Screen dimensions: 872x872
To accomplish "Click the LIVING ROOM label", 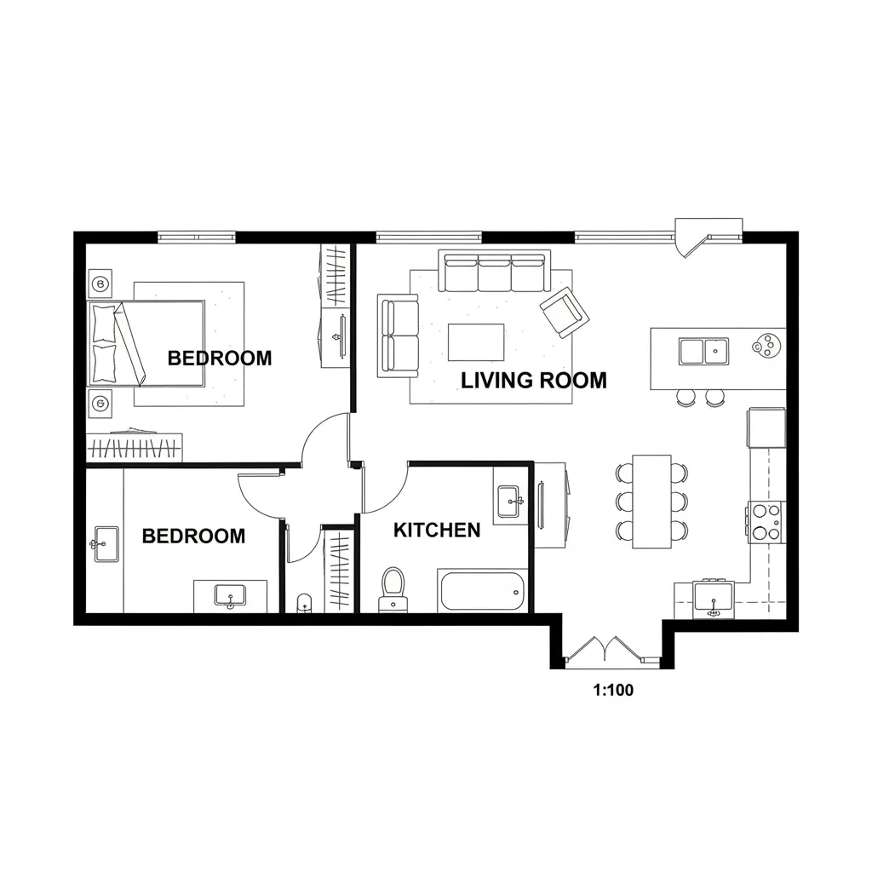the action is click(x=534, y=381).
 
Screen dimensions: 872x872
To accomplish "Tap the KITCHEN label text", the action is click(x=437, y=530).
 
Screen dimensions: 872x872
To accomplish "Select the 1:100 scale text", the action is click(x=613, y=690).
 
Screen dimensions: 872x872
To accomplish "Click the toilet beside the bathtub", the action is click(x=393, y=589).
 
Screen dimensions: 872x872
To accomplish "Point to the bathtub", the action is click(x=482, y=591).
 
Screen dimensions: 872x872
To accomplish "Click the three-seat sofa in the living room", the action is click(x=495, y=271).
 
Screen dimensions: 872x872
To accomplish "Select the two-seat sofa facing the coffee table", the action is click(x=399, y=336).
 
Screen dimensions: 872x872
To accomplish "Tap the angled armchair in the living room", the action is click(x=565, y=313).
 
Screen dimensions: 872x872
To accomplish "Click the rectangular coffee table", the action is click(x=476, y=342).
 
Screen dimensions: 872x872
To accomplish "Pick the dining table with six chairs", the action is click(x=651, y=502).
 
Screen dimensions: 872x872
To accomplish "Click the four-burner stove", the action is click(x=766, y=522).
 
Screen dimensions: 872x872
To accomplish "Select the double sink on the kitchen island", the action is click(x=703, y=352).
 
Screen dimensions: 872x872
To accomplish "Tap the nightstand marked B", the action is click(x=100, y=284).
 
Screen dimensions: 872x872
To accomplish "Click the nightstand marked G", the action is click(x=100, y=404).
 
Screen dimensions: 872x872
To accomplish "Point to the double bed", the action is click(x=146, y=343).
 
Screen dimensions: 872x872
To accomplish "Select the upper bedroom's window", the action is click(x=197, y=238).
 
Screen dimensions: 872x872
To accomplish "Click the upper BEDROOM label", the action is click(x=220, y=359).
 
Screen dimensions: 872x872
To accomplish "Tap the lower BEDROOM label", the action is click(x=193, y=536).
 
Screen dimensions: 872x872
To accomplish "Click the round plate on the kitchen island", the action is click(x=768, y=346).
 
